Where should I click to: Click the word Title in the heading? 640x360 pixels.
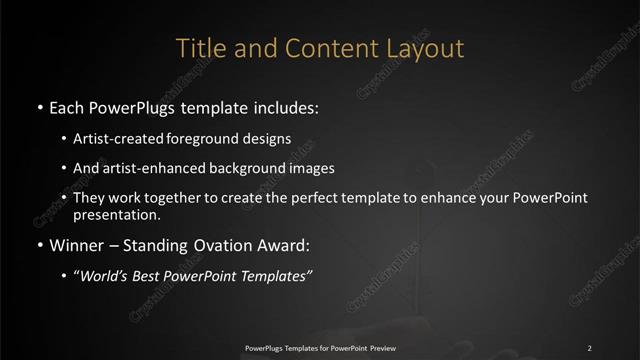(x=197, y=47)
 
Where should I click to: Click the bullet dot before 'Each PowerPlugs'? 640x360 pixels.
(x=38, y=106)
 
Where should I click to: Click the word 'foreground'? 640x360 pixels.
(x=217, y=140)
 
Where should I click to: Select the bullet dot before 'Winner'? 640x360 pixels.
(x=38, y=243)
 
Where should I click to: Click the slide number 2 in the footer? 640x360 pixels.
(x=590, y=347)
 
